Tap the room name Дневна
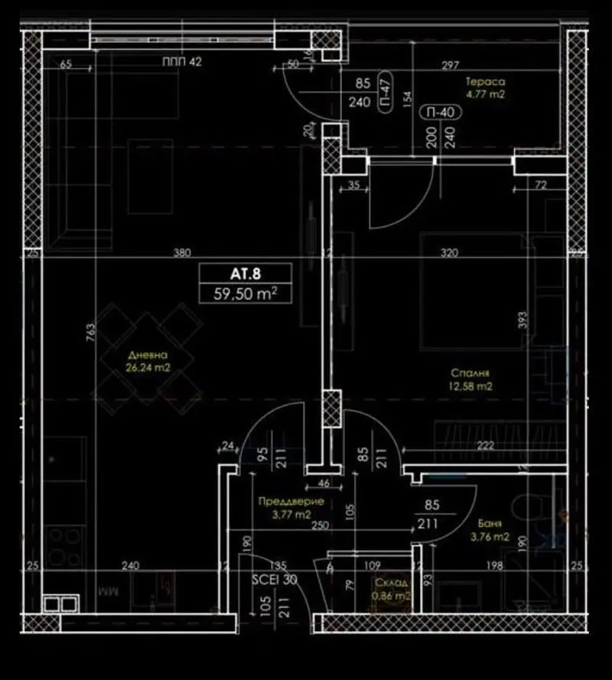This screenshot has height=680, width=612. (148, 356)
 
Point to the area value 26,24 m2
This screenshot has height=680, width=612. (148, 367)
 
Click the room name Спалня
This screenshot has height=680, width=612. (470, 374)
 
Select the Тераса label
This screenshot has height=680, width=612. (486, 82)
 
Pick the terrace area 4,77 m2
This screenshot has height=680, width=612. (486, 94)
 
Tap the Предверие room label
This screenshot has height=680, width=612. (291, 502)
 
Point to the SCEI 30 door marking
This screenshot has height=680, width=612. (274, 580)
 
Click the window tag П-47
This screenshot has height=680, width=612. (386, 100)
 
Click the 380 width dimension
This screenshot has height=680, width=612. (181, 252)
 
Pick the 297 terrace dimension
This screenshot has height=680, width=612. (451, 66)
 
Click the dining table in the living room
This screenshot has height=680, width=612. (148, 353)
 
